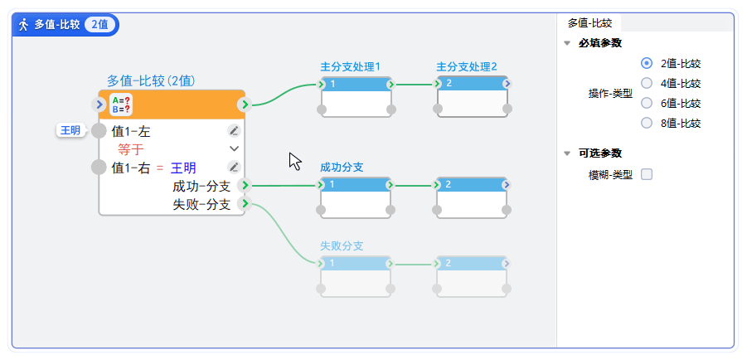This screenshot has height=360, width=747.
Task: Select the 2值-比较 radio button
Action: coord(647,63)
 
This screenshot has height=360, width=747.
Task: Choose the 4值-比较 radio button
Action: coord(647,83)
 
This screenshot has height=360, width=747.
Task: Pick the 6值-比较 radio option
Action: coord(647,104)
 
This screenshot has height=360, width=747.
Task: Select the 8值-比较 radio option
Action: coord(647,124)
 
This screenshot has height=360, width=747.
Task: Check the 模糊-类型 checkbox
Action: coord(647,174)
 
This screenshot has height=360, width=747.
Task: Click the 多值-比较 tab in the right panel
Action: coord(589,23)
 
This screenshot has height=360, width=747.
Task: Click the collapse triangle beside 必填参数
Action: coord(567,43)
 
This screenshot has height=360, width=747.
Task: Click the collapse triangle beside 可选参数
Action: coord(567,153)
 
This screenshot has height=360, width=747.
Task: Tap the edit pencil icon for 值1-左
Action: coord(234,130)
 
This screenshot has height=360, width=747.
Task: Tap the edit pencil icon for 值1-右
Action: coord(234,167)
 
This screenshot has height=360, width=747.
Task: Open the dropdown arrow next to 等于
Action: coord(234,148)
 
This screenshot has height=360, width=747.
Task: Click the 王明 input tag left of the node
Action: coord(70,130)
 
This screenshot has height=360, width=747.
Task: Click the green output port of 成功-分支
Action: coord(245,186)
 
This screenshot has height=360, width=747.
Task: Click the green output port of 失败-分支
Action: coord(245,203)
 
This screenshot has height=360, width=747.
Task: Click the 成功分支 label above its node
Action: coord(342,167)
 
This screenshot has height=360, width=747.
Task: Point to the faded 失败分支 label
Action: coord(342,246)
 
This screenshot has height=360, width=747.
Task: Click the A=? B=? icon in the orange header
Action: coord(121,105)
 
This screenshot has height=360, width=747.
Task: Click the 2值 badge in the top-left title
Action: coord(99,24)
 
